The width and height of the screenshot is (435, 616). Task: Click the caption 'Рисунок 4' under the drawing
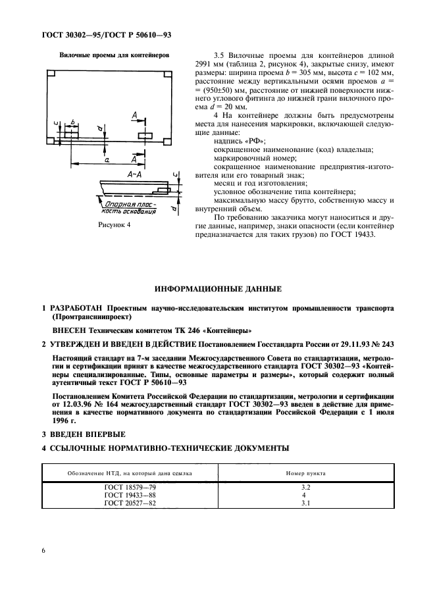click(115, 225)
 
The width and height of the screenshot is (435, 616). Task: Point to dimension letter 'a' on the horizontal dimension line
click(105, 159)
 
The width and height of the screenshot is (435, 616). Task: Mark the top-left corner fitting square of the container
click(51, 72)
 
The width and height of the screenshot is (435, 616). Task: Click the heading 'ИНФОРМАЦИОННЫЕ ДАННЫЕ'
click(217, 288)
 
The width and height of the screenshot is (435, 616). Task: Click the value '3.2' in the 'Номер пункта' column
click(305, 488)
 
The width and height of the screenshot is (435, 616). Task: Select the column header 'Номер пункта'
click(305, 473)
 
